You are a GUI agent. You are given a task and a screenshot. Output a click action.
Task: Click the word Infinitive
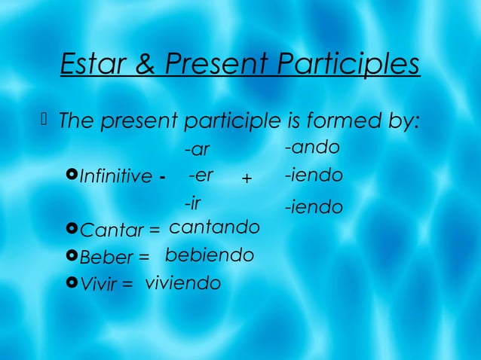pos(115,178)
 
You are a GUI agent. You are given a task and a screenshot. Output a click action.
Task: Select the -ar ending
pos(198,150)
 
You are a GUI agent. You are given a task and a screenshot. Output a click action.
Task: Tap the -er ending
pos(201,176)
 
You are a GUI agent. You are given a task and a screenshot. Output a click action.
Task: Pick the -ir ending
pos(193,203)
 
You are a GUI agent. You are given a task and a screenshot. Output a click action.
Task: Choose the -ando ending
pos(312,147)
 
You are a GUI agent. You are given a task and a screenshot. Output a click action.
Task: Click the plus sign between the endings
pos(246,179)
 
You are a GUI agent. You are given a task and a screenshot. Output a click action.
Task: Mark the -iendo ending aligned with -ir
pos(314,206)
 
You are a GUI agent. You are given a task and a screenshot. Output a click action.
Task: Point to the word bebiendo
pos(209,255)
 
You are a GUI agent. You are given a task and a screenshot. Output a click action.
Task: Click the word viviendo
pos(182,283)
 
